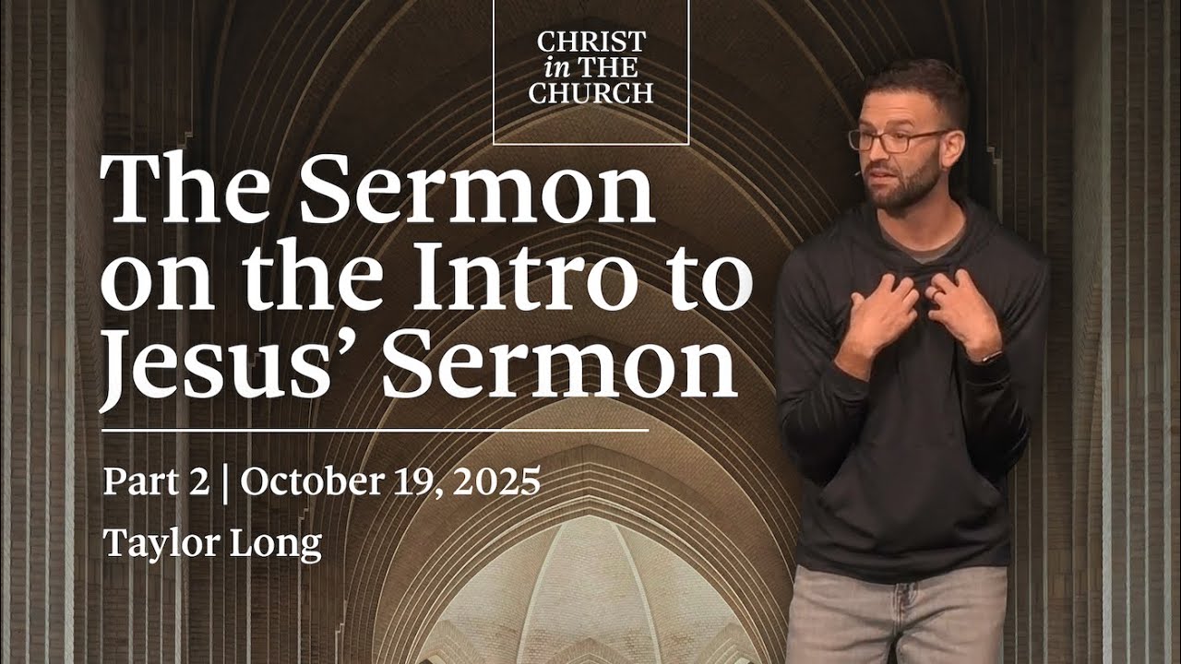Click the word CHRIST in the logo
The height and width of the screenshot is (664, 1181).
[591, 42]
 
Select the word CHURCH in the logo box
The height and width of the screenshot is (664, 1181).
[591, 93]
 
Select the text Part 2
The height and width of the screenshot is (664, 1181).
[156, 482]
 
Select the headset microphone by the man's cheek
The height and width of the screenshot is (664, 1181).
[859, 172]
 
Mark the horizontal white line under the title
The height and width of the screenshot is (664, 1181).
[374, 430]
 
